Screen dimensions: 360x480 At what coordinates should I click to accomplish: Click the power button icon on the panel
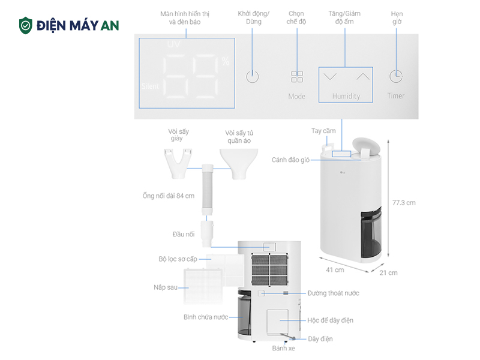pyautogui.click(x=253, y=77)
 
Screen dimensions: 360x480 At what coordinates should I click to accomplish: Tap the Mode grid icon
pyautogui.click(x=297, y=77)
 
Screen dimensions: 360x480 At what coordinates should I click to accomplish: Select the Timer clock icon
pyautogui.click(x=395, y=76)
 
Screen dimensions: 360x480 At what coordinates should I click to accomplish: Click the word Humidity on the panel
pyautogui.click(x=346, y=96)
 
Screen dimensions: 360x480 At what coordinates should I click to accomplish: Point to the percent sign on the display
pyautogui.click(x=225, y=61)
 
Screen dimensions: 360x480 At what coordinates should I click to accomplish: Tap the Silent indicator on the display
pyautogui.click(x=150, y=86)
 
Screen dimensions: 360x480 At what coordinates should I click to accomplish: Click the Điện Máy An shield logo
pyautogui.click(x=26, y=25)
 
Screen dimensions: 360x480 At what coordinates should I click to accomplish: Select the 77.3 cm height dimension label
pyautogui.click(x=403, y=202)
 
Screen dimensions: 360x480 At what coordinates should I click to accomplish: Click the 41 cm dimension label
pyautogui.click(x=335, y=270)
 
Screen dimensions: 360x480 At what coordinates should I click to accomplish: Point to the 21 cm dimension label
pyautogui.click(x=389, y=273)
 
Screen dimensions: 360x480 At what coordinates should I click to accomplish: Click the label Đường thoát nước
pyautogui.click(x=333, y=293)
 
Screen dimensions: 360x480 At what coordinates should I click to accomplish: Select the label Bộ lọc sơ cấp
pyautogui.click(x=178, y=259)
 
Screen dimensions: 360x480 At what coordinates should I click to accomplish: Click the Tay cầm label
pyautogui.click(x=323, y=130)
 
